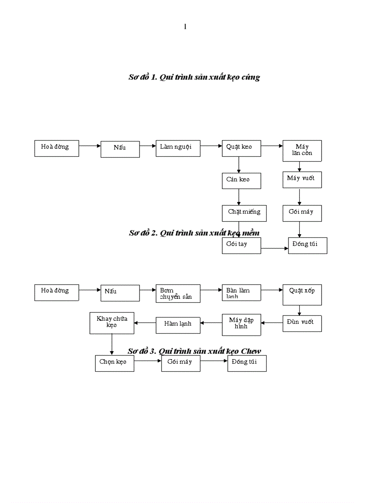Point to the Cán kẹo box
(241, 181)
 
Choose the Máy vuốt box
(302, 179)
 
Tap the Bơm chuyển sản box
(178, 293)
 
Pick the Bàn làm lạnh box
(241, 293)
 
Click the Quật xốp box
(302, 295)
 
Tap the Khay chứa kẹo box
(112, 323)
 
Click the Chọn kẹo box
(114, 363)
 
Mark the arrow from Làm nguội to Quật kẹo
(211, 146)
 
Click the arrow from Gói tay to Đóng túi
(274, 248)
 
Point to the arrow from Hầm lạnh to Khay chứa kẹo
(145, 322)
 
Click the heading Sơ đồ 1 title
(194, 77)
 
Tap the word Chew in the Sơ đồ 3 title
(250, 351)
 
